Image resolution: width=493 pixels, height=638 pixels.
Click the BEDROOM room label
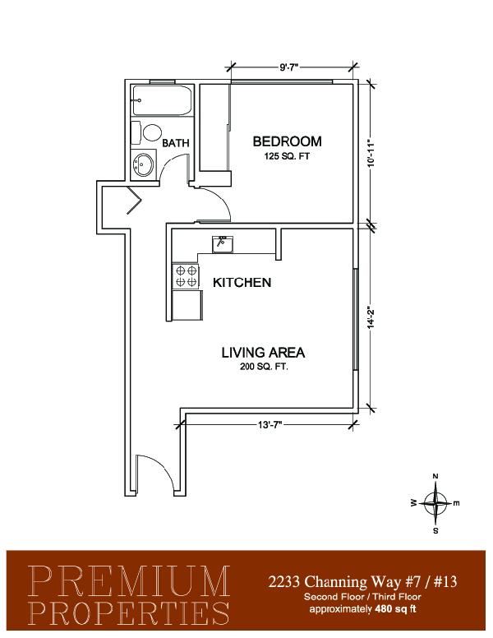(288, 141)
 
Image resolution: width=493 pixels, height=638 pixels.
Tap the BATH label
(176, 143)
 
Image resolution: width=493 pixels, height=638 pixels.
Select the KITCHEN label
(242, 282)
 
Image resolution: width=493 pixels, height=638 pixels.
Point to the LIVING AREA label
(263, 353)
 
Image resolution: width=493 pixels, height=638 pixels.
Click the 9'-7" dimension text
(289, 67)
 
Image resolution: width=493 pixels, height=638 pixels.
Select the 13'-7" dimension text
(270, 425)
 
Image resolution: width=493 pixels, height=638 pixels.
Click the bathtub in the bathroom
(162, 100)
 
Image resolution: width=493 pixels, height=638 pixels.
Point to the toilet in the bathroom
(146, 132)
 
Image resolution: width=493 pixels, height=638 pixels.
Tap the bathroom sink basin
(144, 164)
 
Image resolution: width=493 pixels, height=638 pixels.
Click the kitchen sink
(222, 244)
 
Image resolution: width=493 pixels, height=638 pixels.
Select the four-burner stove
(187, 276)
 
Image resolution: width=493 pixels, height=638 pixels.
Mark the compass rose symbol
(435, 503)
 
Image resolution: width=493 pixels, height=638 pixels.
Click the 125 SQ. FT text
(288, 156)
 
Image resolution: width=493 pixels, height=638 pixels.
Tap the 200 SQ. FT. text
(264, 367)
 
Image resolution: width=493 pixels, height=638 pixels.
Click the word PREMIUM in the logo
(130, 580)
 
